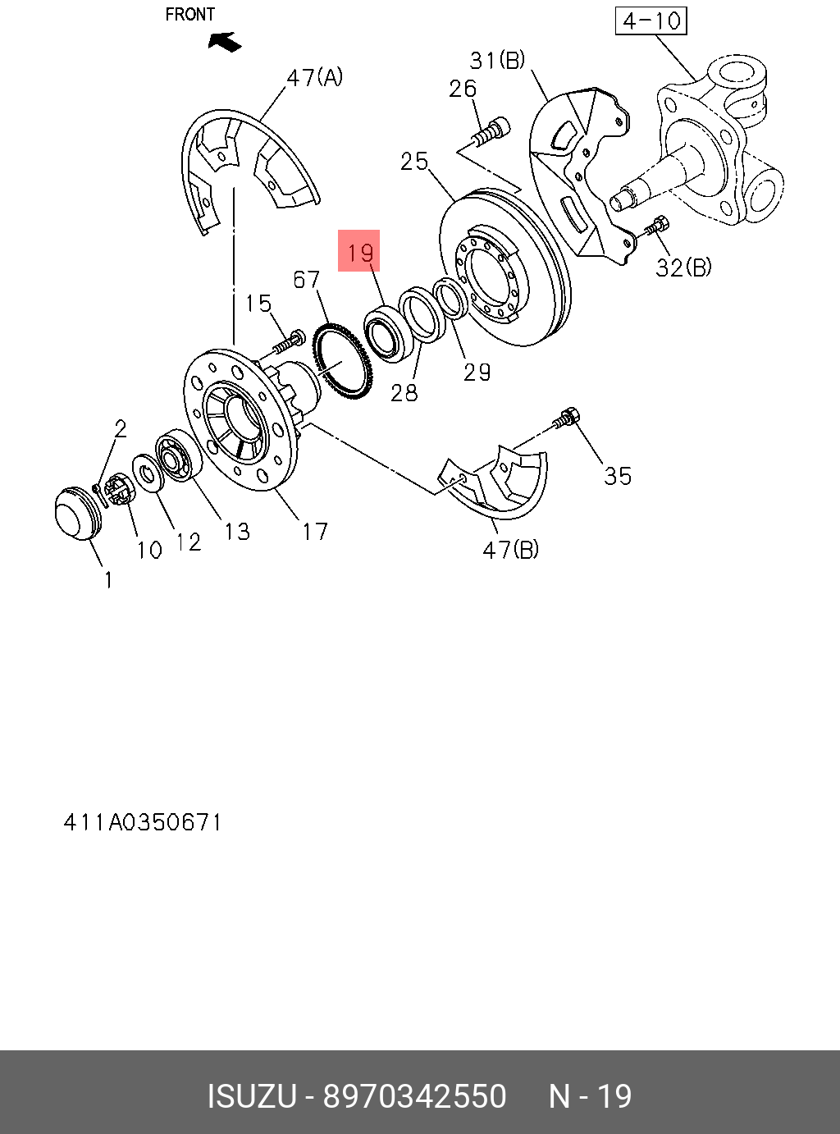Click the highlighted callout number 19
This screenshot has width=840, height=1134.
click(359, 251)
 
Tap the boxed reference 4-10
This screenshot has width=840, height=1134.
click(651, 21)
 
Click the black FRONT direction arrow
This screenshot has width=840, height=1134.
click(225, 41)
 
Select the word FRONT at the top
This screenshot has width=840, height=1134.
click(189, 15)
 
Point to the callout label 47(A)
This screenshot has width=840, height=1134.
click(314, 78)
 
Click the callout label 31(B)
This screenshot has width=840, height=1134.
click(497, 61)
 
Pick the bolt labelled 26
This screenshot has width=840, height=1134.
click(492, 131)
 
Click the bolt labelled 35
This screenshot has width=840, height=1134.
click(566, 418)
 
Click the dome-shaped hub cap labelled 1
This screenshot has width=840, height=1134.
click(75, 515)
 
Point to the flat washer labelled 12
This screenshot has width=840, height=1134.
click(148, 473)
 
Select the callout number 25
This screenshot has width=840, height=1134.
click(414, 161)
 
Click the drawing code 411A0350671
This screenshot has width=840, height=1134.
click(143, 822)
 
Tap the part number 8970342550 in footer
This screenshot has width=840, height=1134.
click(414, 1096)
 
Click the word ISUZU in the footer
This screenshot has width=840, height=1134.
click(251, 1096)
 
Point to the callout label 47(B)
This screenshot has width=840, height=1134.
click(510, 549)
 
